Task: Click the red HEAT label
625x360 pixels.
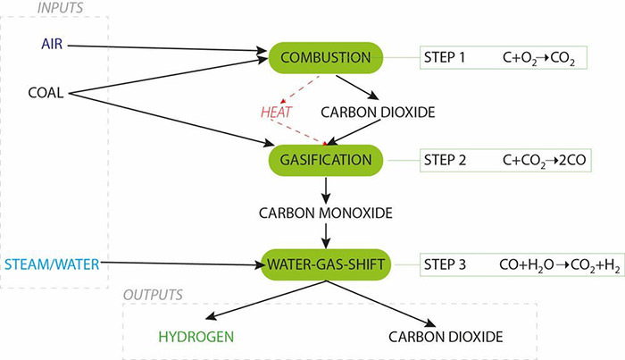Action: tap(275, 112)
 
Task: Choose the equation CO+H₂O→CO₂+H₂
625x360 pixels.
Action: tap(558, 266)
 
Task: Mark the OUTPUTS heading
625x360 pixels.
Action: tap(153, 294)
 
